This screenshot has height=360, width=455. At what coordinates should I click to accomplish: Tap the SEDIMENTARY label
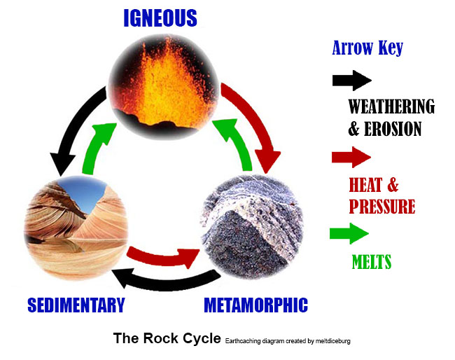coord(76,305)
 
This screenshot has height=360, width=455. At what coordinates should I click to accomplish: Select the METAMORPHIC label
coord(255,305)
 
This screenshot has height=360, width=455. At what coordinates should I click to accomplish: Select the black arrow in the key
coord(351,81)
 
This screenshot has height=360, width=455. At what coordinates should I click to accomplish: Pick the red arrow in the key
coord(351,157)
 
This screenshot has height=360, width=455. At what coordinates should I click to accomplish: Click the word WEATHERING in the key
coord(391,107)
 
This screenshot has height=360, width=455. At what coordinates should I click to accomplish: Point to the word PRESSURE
coord(381,207)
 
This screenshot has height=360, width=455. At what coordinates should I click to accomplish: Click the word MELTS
coord(371,263)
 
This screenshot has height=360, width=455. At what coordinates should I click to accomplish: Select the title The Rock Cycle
coord(167,339)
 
